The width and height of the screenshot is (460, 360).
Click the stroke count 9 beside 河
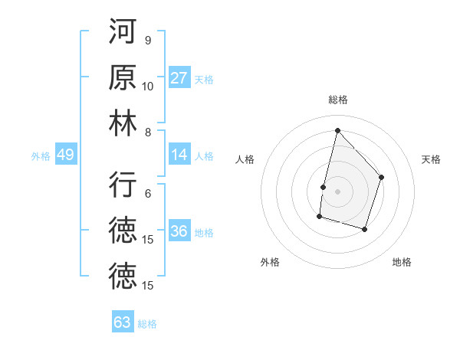point(148,41)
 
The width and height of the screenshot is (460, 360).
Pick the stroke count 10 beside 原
point(148,86)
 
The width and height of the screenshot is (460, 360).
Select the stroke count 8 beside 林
point(148,132)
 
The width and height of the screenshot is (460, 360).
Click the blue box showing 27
point(179,78)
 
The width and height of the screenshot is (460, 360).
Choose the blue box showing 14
point(179,155)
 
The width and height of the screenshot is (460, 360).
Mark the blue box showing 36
point(179,231)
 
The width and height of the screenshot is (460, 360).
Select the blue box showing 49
point(65,155)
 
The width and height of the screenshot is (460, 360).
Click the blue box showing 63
point(123,322)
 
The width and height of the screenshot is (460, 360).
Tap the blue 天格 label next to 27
point(204,79)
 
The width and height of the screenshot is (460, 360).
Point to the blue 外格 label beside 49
point(41,155)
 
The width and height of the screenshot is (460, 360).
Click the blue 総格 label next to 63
point(147,323)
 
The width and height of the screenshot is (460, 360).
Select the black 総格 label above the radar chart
point(337,100)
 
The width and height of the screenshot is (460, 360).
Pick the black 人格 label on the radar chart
point(245,159)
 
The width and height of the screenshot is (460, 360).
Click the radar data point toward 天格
point(382,178)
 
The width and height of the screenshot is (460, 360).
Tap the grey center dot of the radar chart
point(337,191)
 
